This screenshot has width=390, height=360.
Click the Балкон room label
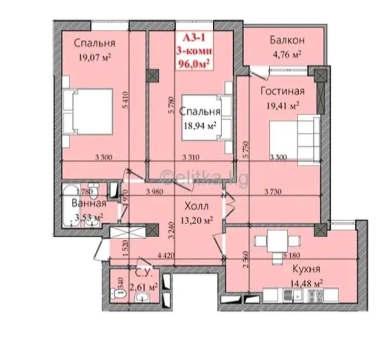(x=287, y=40)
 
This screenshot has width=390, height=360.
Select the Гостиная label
(x=282, y=91)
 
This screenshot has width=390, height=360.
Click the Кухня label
(x=306, y=269)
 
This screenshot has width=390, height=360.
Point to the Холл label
(x=197, y=206)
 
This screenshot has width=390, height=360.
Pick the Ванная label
(x=89, y=203)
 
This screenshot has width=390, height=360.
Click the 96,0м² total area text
(x=194, y=63)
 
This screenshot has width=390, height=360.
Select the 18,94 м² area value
(x=200, y=126)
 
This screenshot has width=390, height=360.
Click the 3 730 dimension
(x=274, y=192)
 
